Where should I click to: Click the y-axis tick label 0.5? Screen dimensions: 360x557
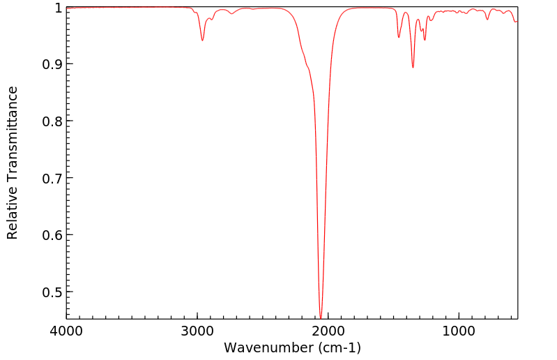coord(49,292)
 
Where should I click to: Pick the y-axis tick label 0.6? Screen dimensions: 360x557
coord(49,235)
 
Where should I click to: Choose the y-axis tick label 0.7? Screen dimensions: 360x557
coord(49,178)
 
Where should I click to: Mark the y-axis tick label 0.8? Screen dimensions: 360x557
coord(49,121)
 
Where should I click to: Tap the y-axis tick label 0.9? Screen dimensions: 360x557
coord(49,64)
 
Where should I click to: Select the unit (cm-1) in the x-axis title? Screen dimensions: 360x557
coord(339,347)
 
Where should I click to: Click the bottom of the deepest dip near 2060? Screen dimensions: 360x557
coord(321,317)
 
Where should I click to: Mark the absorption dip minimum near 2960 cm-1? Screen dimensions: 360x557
coord(203,40)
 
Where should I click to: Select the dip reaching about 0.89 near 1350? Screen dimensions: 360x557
coord(413,68)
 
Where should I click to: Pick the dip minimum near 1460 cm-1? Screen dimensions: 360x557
coord(399,37)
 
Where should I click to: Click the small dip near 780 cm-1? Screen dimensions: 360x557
coord(487,19)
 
